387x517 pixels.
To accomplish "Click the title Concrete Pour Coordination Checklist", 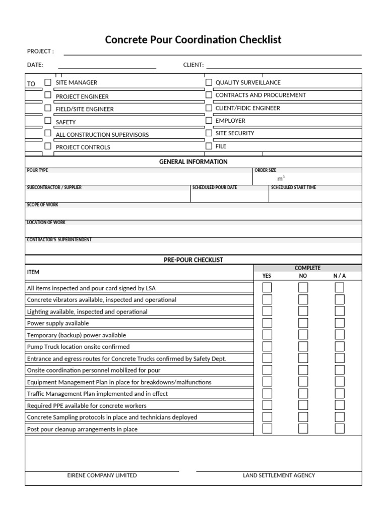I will click(x=193, y=39).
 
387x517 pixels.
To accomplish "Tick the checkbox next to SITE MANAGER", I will click(x=48, y=82).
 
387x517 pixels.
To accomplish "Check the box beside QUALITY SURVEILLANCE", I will click(x=209, y=82).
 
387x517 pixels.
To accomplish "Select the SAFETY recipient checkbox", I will click(x=48, y=121).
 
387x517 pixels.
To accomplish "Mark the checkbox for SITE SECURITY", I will click(x=209, y=133).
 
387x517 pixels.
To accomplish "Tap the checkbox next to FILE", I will click(x=209, y=146).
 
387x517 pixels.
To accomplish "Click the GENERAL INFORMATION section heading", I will click(x=193, y=162).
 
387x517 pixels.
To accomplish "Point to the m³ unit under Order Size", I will click(x=281, y=179).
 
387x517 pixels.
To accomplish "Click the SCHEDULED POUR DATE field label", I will click(x=214, y=188).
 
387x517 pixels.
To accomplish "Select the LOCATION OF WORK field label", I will click(x=46, y=223).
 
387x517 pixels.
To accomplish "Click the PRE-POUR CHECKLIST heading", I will click(x=193, y=260).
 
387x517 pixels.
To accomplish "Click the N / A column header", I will click(x=340, y=276).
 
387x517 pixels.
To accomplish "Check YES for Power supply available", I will click(x=267, y=323).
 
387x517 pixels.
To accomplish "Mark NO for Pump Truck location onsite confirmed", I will click(x=303, y=347).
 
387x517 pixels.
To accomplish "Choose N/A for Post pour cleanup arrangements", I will click(x=340, y=429).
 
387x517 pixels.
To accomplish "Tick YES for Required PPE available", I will click(x=267, y=405).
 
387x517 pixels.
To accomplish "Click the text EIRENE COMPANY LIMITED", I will click(x=102, y=475).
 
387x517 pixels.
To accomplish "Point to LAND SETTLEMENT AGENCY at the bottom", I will click(x=279, y=475).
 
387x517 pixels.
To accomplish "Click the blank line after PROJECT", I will click(x=212, y=52).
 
